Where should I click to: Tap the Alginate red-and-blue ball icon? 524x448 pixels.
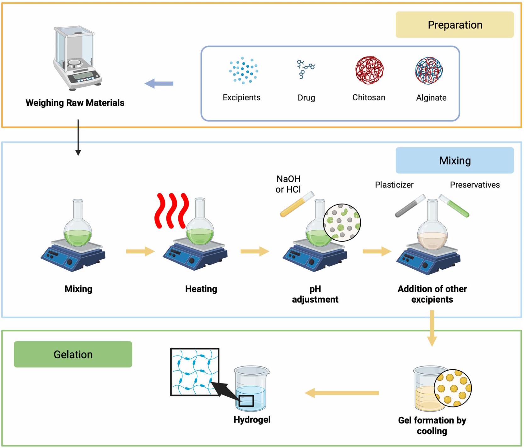[x=429, y=70]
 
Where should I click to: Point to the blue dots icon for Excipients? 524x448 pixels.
[x=243, y=70]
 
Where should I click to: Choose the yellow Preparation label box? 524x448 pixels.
[x=454, y=25]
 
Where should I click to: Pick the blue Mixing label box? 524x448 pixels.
[x=454, y=160]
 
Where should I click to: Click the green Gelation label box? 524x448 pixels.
[x=73, y=354]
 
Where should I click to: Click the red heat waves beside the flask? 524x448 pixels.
[x=171, y=210]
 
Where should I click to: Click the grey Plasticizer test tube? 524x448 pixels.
[x=410, y=206]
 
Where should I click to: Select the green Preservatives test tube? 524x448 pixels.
[x=454, y=206]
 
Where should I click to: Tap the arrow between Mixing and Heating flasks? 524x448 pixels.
[x=140, y=251]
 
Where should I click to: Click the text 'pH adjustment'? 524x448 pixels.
[x=315, y=294]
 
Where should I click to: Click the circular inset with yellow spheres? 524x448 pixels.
[x=453, y=388]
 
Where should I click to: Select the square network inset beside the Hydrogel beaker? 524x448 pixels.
[x=195, y=372]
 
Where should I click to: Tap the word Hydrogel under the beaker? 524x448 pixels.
[x=252, y=420]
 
